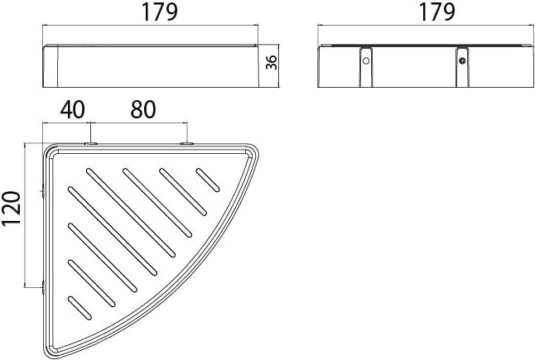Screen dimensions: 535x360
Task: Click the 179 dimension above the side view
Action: point(160,12)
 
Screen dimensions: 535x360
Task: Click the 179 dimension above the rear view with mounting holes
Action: point(436,12)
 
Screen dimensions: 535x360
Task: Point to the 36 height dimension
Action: point(272,62)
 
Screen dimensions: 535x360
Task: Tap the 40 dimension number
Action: point(72,110)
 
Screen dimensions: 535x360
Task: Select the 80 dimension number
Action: point(143,110)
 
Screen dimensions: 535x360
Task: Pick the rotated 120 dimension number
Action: point(11,209)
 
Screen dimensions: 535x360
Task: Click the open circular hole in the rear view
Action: point(366,61)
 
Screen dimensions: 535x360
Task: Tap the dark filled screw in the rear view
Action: point(462,61)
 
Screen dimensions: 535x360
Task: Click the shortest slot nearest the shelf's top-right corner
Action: point(207,180)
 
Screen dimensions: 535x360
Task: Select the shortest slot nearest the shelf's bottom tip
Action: point(80,308)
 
